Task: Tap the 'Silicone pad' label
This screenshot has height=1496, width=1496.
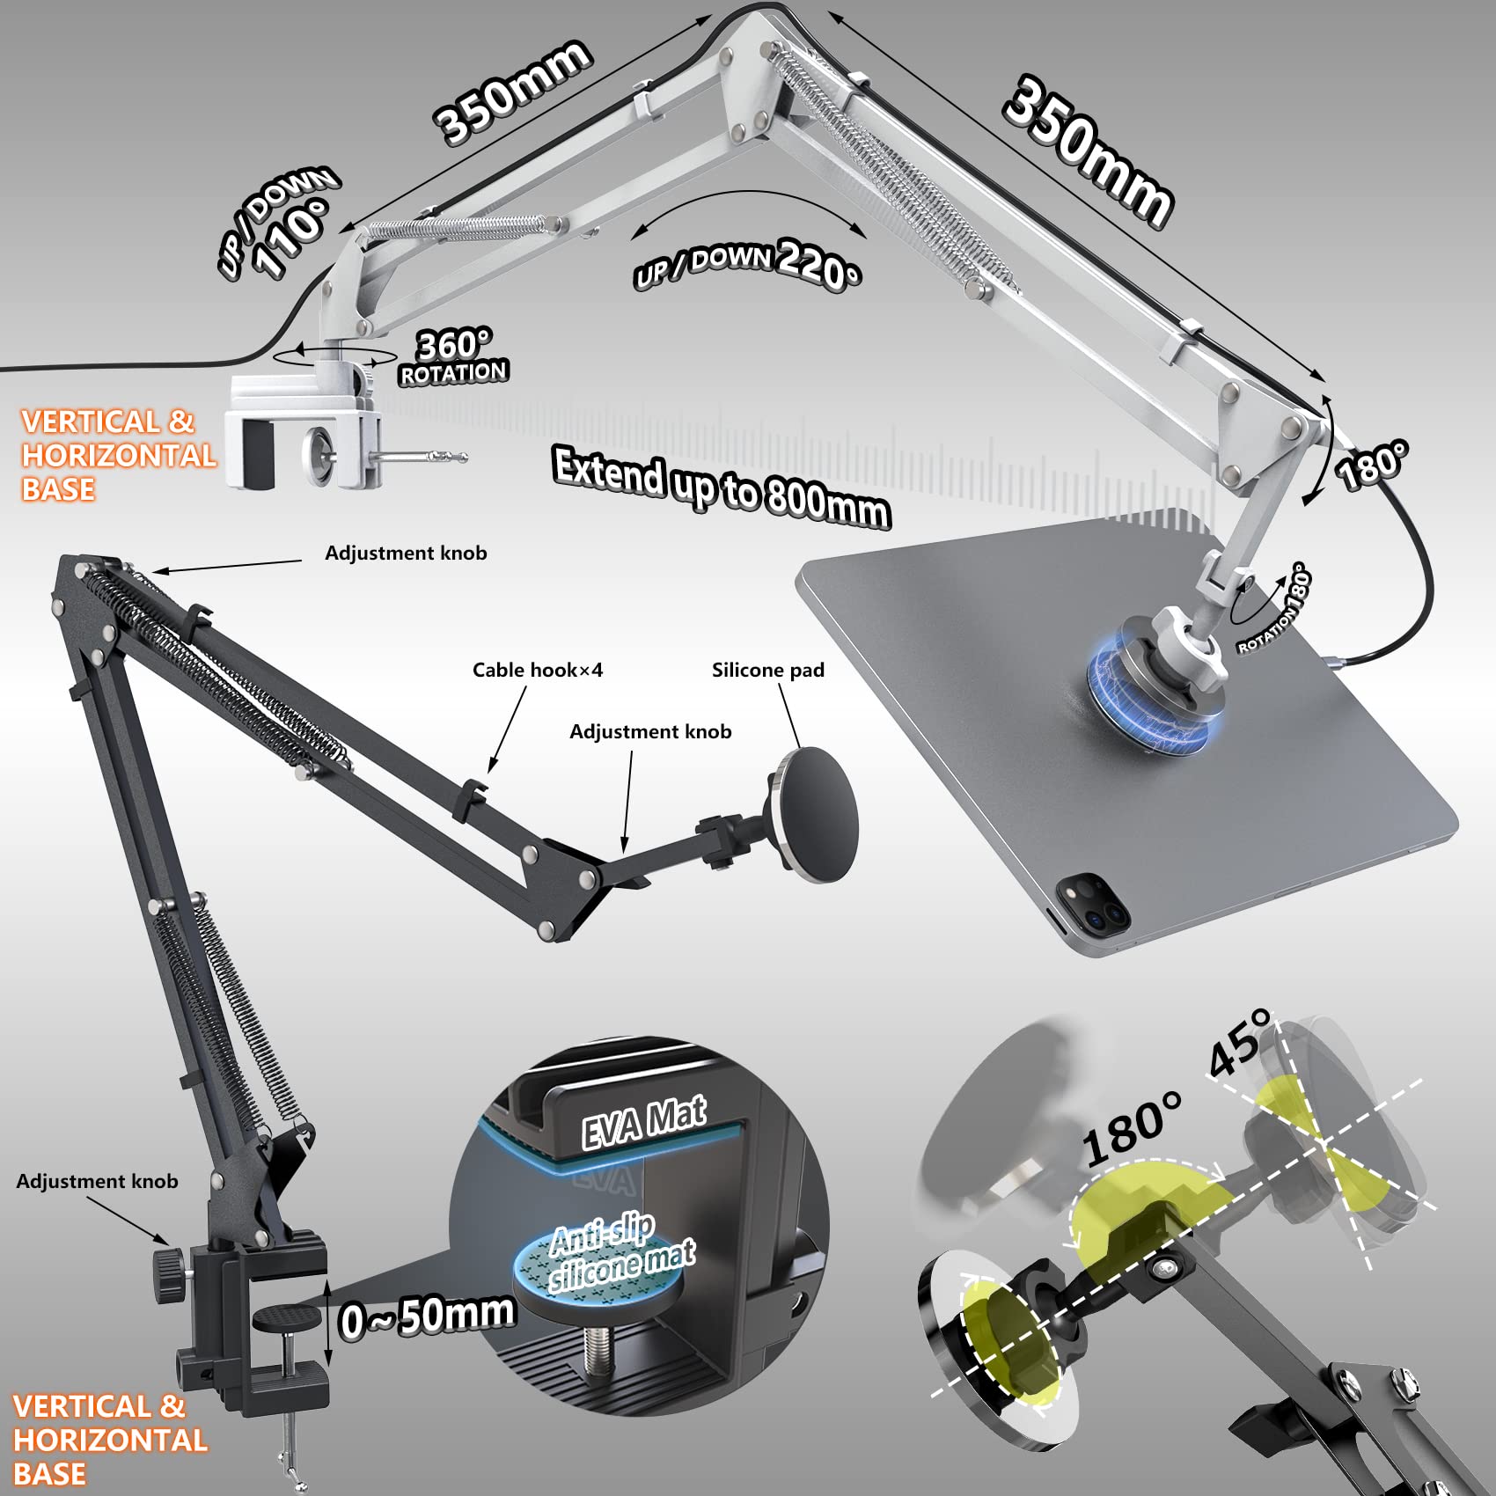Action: coord(768,670)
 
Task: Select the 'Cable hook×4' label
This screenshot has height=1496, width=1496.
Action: coord(538,670)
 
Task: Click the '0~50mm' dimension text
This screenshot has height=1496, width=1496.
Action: coord(428,1316)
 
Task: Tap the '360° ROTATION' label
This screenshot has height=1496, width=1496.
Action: coord(454,356)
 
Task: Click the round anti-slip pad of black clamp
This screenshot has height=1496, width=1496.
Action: coord(287,1317)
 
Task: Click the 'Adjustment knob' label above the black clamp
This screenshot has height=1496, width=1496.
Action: coord(97,1181)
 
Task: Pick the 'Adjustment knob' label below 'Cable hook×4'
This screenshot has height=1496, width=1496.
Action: coord(650,731)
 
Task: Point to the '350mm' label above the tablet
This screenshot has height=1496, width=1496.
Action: coord(1089,152)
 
